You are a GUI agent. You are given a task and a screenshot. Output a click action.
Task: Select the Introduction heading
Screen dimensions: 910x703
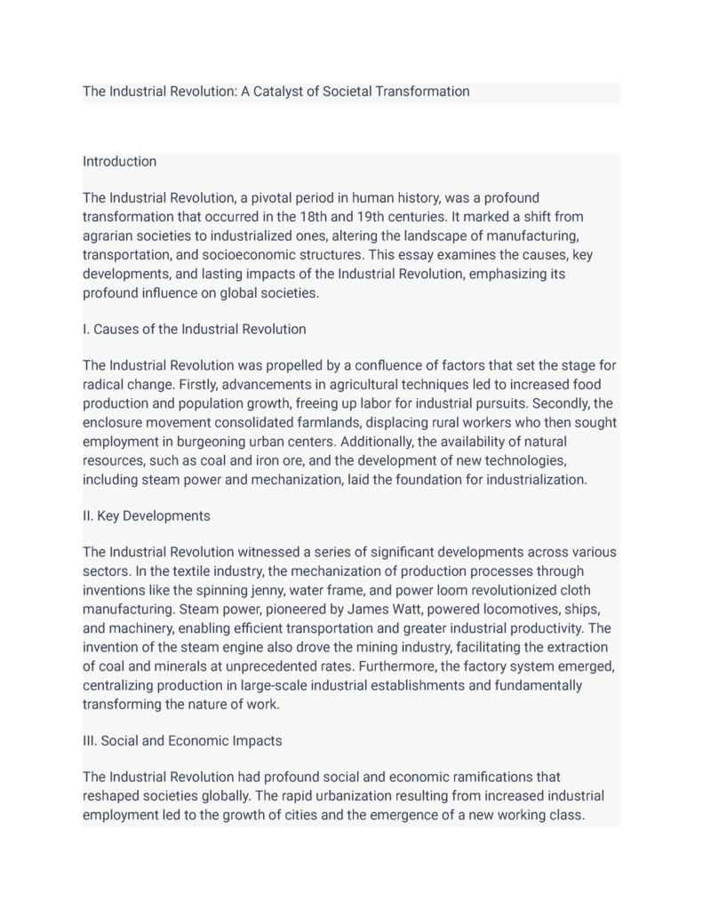tap(119, 162)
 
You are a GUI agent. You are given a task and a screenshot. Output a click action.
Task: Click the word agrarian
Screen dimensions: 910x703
tap(110, 235)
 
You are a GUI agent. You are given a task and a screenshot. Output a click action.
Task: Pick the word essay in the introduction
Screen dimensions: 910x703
tap(414, 255)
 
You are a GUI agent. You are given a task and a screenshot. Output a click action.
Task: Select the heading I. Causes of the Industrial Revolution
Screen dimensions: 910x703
tap(194, 329)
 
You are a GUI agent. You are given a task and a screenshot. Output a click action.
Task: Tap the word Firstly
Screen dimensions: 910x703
tap(201, 385)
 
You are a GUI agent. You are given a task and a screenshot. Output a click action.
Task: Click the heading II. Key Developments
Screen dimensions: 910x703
tap(146, 515)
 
